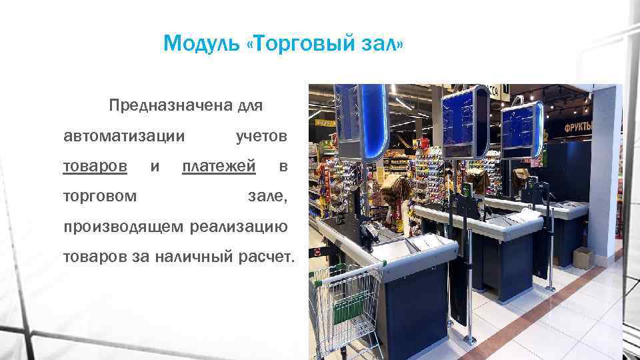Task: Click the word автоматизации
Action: point(124,136)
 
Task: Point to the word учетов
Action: point(262,136)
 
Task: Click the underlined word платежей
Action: point(219,166)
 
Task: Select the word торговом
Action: point(101,197)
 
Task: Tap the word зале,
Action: point(267,197)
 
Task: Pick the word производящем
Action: point(124,227)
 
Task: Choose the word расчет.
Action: point(265,257)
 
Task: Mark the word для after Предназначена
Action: point(251,105)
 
